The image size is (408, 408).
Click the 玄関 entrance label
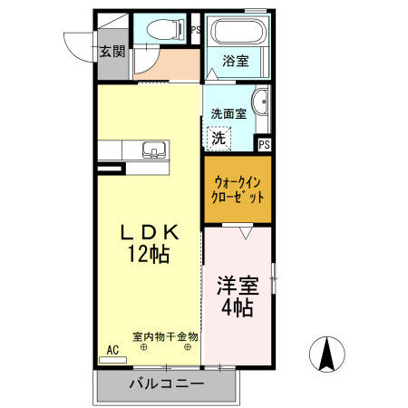click(112, 50)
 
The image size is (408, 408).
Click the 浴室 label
click(236, 61)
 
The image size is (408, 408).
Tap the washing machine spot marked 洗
click(219, 138)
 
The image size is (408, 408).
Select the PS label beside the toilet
click(195, 29)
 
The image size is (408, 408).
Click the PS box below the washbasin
click(264, 143)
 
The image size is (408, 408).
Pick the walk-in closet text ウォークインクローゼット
click(238, 189)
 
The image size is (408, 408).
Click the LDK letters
click(146, 232)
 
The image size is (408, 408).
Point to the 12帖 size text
click(146, 255)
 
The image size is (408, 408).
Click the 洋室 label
click(237, 286)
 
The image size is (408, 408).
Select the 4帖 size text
click(237, 307)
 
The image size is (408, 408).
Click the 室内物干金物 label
click(165, 335)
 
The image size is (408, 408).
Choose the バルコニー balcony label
click(165, 384)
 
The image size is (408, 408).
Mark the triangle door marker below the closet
click(244, 234)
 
